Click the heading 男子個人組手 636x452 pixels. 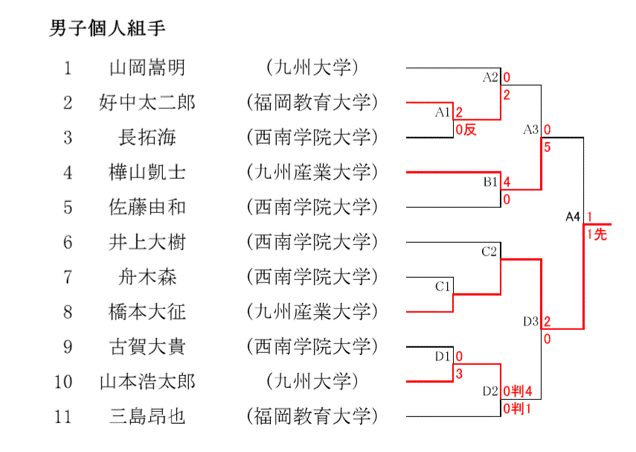coord(107,29)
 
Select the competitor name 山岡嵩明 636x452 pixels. coord(147,68)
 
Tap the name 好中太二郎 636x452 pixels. coord(147,102)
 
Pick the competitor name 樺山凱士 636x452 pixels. coord(147,172)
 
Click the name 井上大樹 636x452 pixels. coord(147,241)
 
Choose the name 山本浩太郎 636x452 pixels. coord(147,381)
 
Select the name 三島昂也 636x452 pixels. coord(147,416)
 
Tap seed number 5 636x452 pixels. coord(68,207)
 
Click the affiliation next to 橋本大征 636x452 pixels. coord(312,311)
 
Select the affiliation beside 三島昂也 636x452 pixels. coord(312,416)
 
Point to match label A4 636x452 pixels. coord(572,217)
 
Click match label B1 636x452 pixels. coord(491,181)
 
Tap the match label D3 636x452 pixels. coord(530,322)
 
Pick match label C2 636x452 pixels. coord(489,252)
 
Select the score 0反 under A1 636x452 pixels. coord(466,130)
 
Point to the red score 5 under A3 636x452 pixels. coord(547,147)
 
